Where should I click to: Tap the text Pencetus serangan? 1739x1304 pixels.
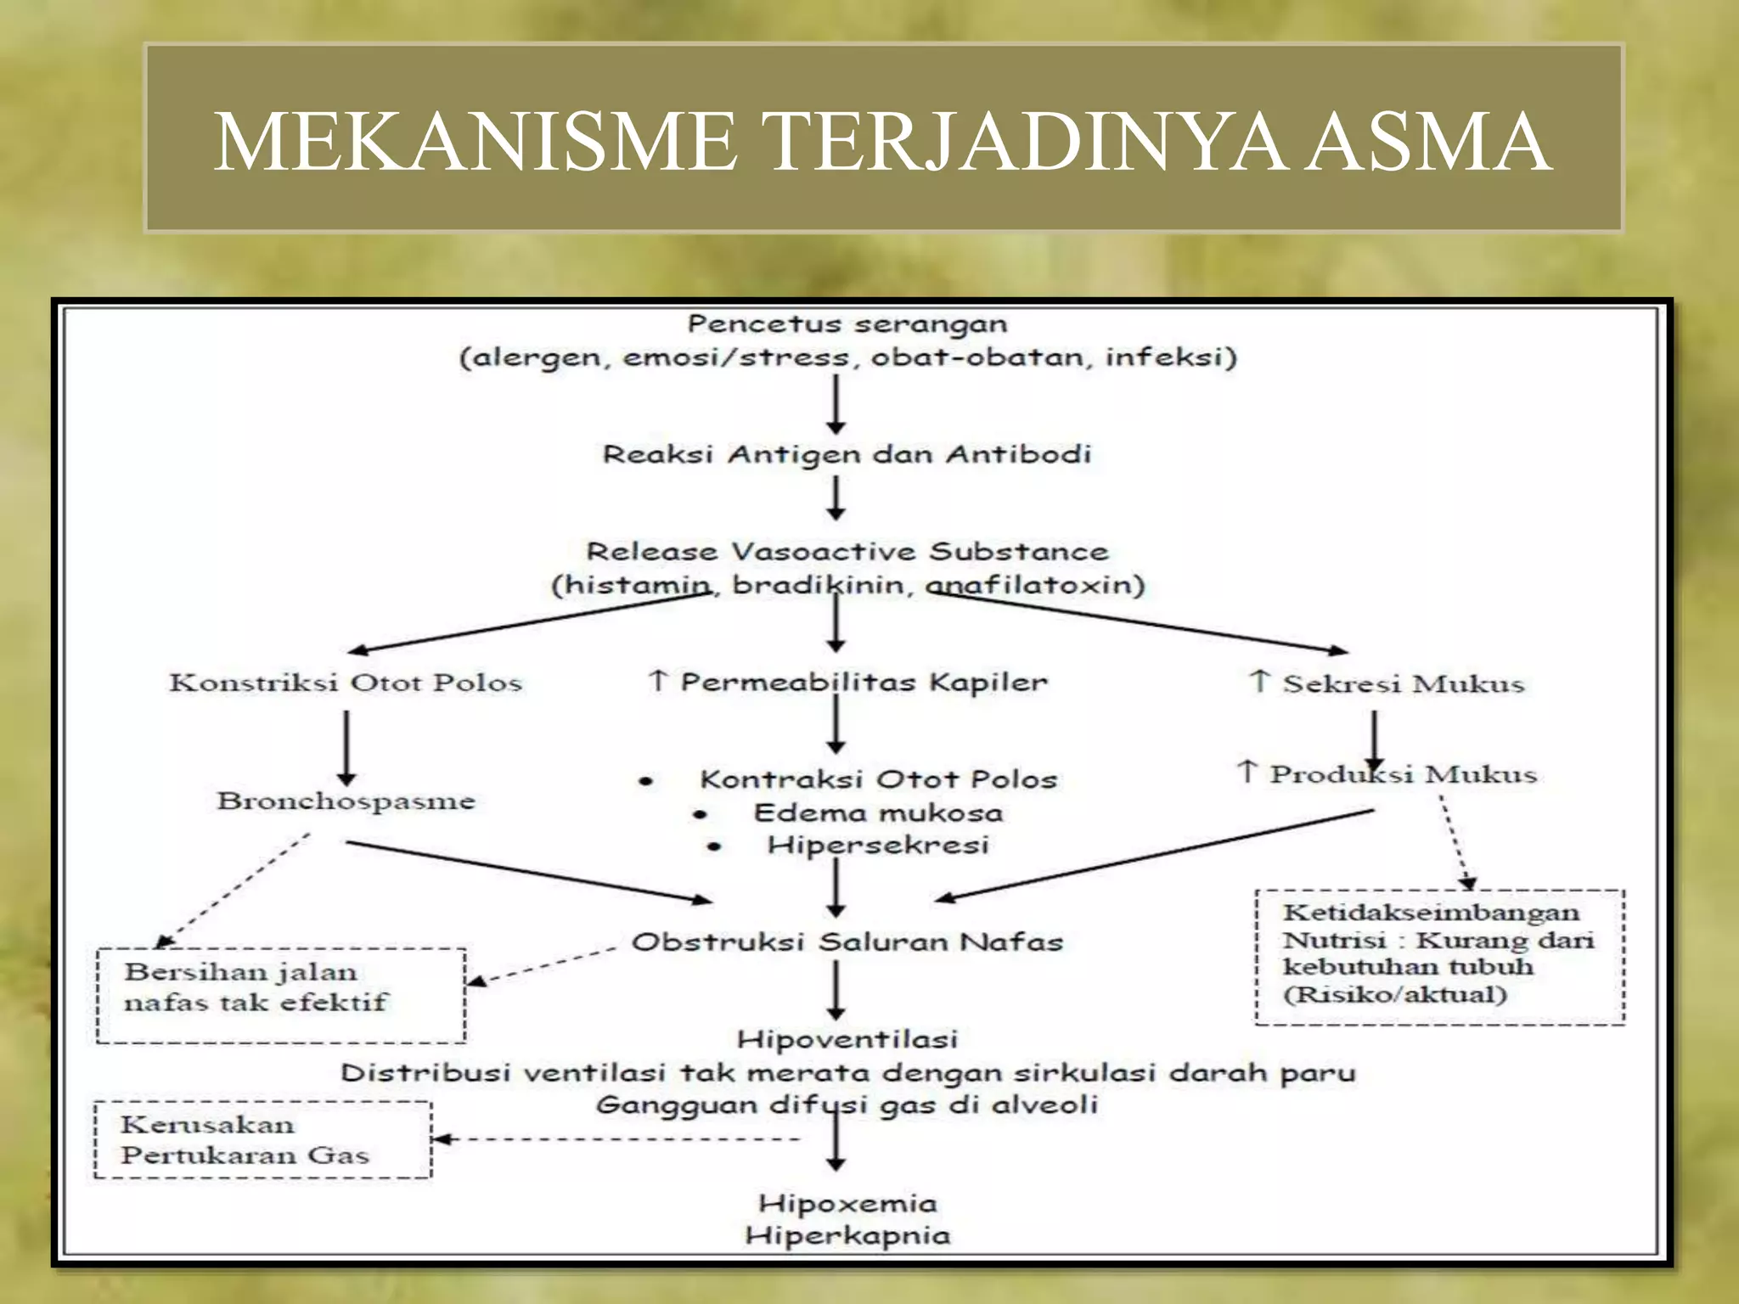pos(847,324)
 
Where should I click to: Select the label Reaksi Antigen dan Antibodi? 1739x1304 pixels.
pos(847,454)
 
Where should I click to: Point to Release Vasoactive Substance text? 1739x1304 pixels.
pos(847,552)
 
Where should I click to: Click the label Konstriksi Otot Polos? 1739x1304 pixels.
pos(346,683)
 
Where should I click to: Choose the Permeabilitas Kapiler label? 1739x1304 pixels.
pos(863,682)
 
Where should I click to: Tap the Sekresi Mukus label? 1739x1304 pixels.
pos(1403,683)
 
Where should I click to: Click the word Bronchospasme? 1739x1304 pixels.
pos(346,801)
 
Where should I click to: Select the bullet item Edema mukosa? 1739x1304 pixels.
pos(878,812)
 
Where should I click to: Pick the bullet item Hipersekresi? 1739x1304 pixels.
pos(878,845)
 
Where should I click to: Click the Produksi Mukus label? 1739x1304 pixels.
pos(1403,774)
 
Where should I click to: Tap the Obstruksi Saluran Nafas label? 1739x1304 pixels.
pos(847,941)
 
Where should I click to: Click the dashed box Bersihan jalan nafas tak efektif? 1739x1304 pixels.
pos(281,995)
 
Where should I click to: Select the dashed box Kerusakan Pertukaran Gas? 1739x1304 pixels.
pos(262,1139)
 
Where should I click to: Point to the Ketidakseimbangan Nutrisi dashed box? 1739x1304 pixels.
pos(1439,957)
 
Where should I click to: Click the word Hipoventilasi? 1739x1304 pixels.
pos(847,1039)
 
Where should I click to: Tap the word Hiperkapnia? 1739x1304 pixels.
pos(847,1235)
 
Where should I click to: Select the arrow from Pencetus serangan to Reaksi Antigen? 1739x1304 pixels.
pos(836,404)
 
